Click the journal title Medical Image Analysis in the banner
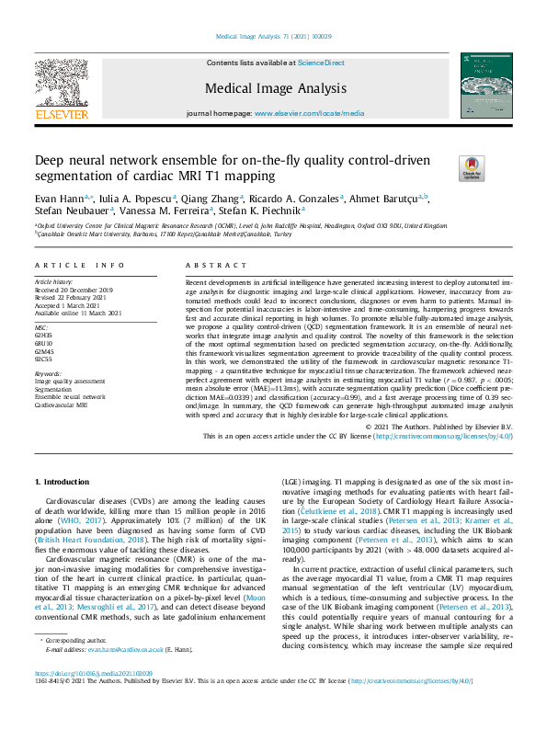click(x=275, y=89)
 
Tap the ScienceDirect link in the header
click(x=321, y=63)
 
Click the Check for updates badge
click(x=472, y=168)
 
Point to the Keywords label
click(x=48, y=374)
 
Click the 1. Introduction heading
click(x=63, y=482)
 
